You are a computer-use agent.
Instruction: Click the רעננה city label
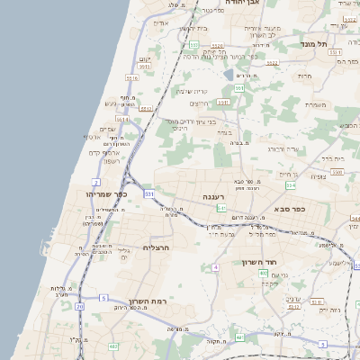pyautogui.click(x=214, y=196)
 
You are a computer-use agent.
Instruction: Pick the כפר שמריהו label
pyautogui.click(x=106, y=194)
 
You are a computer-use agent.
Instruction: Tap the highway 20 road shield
pyautogui.click(x=79, y=306)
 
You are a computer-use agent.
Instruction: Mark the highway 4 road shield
pyautogui.click(x=215, y=266)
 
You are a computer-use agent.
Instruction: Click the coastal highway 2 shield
pyautogui.click(x=95, y=182)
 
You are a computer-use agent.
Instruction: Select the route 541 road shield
pyautogui.click(x=220, y=208)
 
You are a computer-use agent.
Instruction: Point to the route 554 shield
pyautogui.click(x=291, y=185)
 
